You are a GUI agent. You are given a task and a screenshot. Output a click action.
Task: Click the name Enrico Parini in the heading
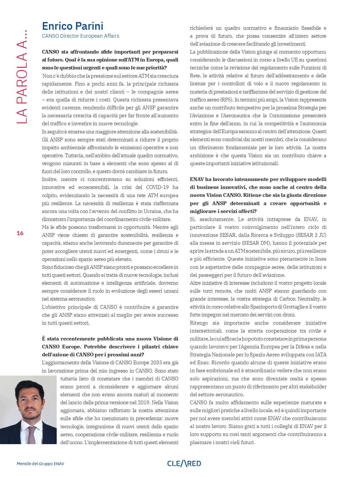click(x=73, y=26)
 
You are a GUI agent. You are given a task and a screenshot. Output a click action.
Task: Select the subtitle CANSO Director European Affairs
click(x=81, y=36)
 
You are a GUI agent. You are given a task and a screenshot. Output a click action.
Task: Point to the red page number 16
click(x=20, y=233)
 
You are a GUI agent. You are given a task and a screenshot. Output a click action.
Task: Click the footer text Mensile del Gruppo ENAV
click(x=40, y=464)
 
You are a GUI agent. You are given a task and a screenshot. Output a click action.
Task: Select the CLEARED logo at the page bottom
click(x=184, y=463)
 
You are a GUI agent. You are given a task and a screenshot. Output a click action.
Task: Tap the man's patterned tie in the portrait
click(x=32, y=435)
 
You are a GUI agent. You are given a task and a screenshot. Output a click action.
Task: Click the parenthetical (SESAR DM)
click(x=259, y=243)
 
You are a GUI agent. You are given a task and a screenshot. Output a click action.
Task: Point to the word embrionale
click(x=219, y=370)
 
